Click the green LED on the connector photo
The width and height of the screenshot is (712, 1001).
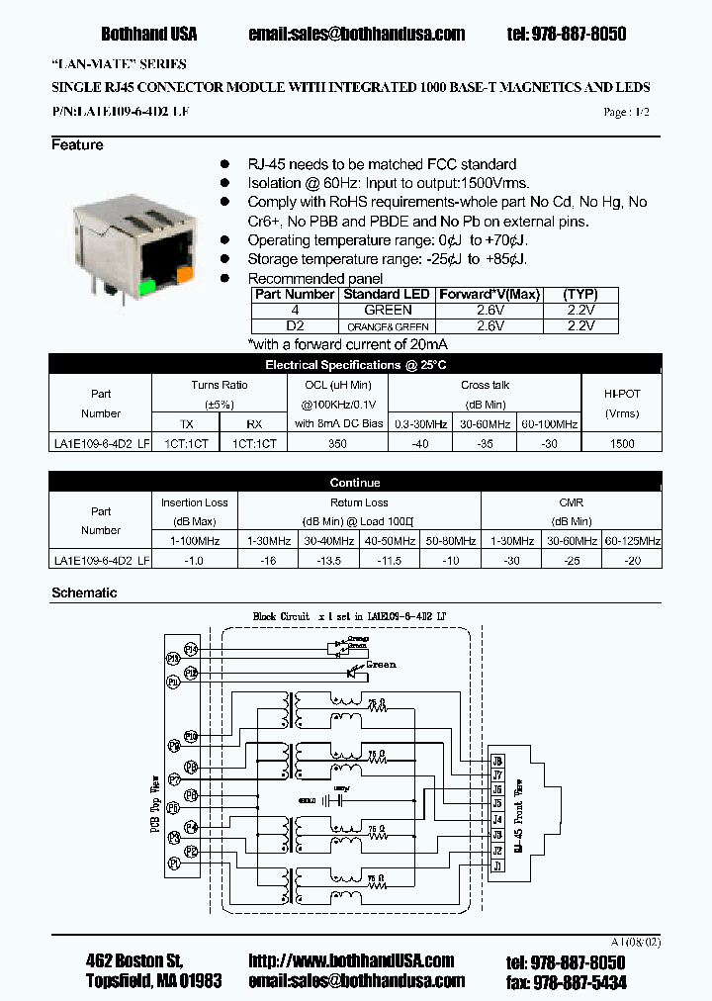click(x=145, y=288)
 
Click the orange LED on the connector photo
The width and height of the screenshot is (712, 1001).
click(x=185, y=270)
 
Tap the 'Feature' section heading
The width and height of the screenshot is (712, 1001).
click(x=77, y=145)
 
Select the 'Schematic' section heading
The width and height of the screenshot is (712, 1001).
click(x=84, y=593)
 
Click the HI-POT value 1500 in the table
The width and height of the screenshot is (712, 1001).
click(x=622, y=444)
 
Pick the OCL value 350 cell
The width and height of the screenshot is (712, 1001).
click(x=338, y=444)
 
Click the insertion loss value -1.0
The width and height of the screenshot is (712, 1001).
click(x=195, y=560)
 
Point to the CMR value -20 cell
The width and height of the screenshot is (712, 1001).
click(x=632, y=560)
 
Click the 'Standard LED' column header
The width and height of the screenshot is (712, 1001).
click(x=387, y=295)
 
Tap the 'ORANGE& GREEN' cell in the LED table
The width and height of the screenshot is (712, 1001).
click(x=387, y=325)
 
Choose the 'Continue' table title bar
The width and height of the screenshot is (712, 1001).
click(x=355, y=483)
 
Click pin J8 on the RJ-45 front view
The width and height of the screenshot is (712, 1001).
click(x=497, y=761)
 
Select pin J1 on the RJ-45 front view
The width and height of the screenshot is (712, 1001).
click(x=497, y=865)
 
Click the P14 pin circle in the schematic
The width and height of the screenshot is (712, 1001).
click(x=191, y=649)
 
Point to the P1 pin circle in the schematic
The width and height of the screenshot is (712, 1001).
click(x=174, y=864)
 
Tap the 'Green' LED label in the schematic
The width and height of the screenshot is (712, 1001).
click(x=381, y=665)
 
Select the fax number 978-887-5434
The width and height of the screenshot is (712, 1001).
click(x=578, y=981)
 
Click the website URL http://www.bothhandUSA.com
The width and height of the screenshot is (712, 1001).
click(x=351, y=960)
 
